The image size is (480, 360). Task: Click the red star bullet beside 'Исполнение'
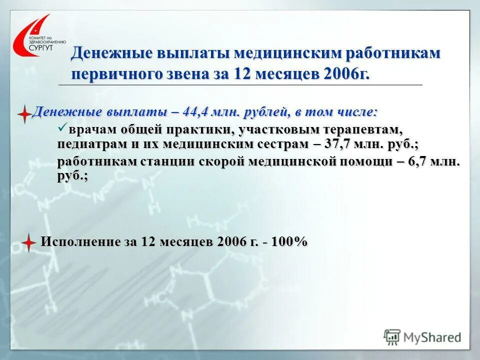tap(29, 242)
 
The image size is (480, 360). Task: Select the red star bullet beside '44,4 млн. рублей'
tap(24, 114)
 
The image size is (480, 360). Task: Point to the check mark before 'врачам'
tap(62, 129)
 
